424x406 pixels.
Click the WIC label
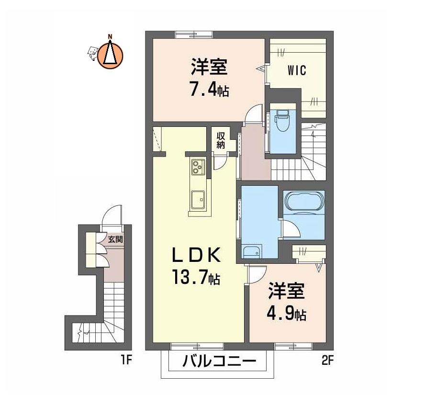tap(297, 70)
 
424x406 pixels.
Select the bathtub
tap(304, 202)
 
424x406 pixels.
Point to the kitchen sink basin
tap(198, 200)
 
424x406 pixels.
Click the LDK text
tap(196, 255)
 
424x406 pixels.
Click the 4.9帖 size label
tap(286, 313)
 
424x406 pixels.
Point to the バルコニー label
tap(219, 361)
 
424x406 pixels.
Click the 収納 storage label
tap(221, 140)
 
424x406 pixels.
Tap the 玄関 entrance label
tap(115, 239)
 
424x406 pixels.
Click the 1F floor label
tap(126, 361)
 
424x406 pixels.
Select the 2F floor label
tap(327, 361)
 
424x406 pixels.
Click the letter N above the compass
tap(110, 36)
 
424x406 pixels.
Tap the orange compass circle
tap(110, 56)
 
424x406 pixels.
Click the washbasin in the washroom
tap(251, 252)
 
